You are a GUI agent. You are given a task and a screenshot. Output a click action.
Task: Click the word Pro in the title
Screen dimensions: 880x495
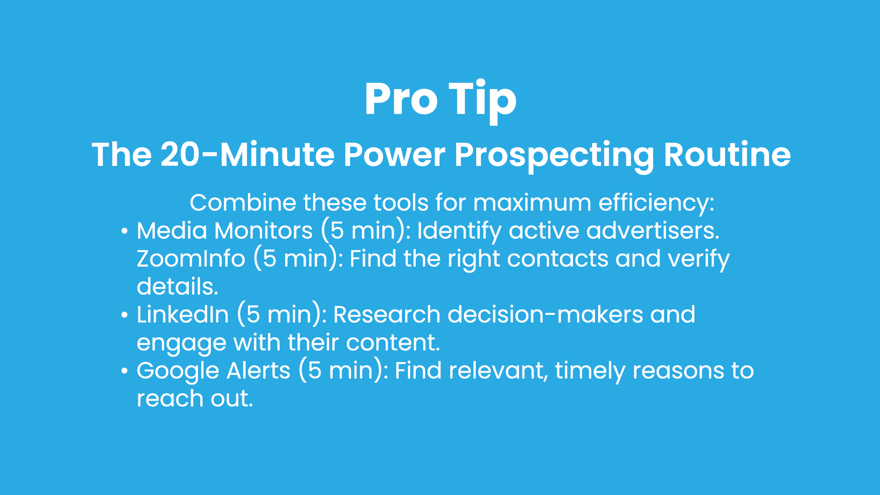(x=401, y=99)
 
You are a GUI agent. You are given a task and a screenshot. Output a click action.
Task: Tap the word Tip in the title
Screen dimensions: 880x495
(x=482, y=101)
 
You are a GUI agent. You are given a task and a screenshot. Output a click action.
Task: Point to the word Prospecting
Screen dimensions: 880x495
(x=555, y=156)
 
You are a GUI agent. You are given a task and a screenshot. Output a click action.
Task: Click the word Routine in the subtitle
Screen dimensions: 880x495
(x=727, y=154)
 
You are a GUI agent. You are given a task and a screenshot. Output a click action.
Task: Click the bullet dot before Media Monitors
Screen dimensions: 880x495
(x=124, y=231)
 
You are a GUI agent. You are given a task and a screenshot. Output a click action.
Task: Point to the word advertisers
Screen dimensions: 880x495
(x=653, y=231)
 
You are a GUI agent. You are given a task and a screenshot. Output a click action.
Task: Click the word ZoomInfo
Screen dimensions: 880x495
(x=191, y=259)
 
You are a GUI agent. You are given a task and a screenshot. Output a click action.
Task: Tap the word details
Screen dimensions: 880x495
(x=177, y=286)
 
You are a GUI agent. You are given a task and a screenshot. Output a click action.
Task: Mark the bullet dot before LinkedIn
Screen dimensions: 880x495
(x=124, y=315)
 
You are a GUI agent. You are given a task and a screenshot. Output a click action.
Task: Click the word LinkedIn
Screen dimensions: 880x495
(x=183, y=315)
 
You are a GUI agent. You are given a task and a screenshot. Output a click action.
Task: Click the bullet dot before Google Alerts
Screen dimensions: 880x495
(x=124, y=371)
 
